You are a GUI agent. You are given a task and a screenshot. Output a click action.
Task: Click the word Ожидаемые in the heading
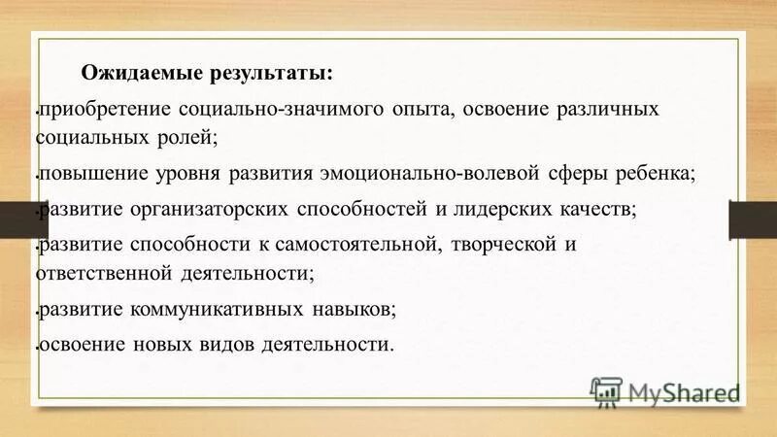tap(130, 73)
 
